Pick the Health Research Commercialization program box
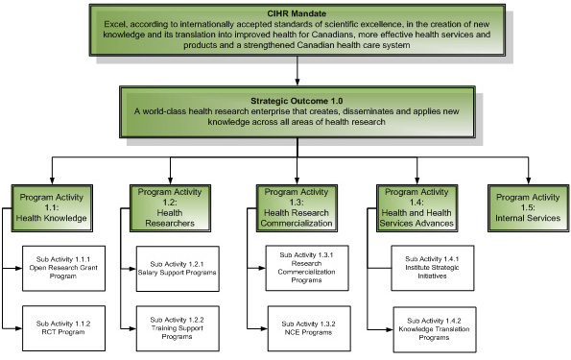click(x=298, y=204)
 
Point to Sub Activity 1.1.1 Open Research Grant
click(x=64, y=263)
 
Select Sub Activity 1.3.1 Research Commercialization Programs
click(x=306, y=265)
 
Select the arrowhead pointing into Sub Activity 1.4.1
click(x=392, y=264)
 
